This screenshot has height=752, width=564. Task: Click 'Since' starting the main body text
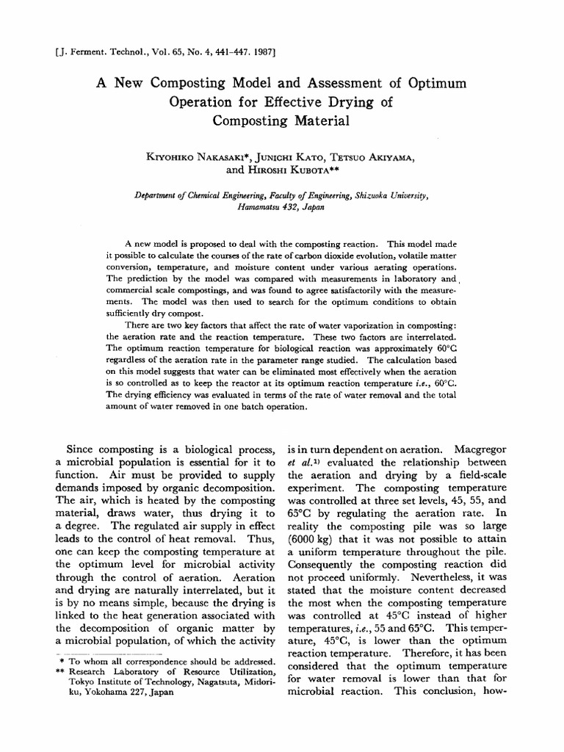coord(82,448)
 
